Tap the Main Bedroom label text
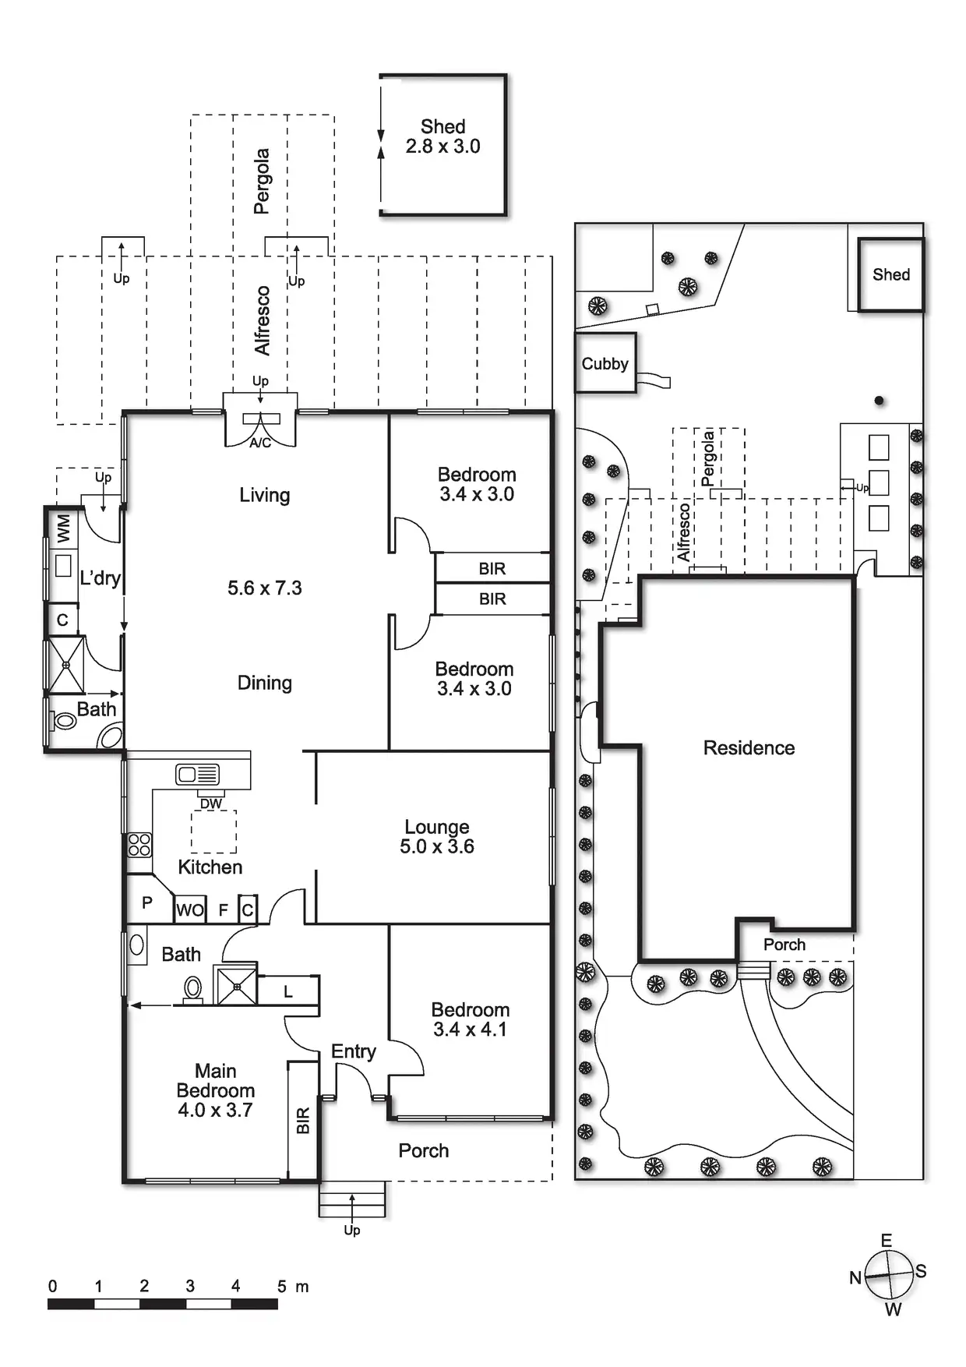[215, 1090]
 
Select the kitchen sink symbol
[198, 774]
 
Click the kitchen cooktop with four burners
[139, 845]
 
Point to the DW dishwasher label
[211, 804]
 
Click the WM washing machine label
[64, 529]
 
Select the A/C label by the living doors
[260, 443]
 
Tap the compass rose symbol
[889, 1276]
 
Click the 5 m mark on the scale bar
[281, 1287]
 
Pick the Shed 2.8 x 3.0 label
[442, 136]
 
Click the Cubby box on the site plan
[605, 363]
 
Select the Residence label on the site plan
[749, 748]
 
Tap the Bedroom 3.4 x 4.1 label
[470, 1019]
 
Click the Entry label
[353, 1051]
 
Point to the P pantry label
[146, 903]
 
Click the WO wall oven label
[190, 910]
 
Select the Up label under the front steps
[352, 1230]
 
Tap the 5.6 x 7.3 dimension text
[264, 588]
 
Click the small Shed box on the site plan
[890, 274]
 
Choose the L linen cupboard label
[288, 991]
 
